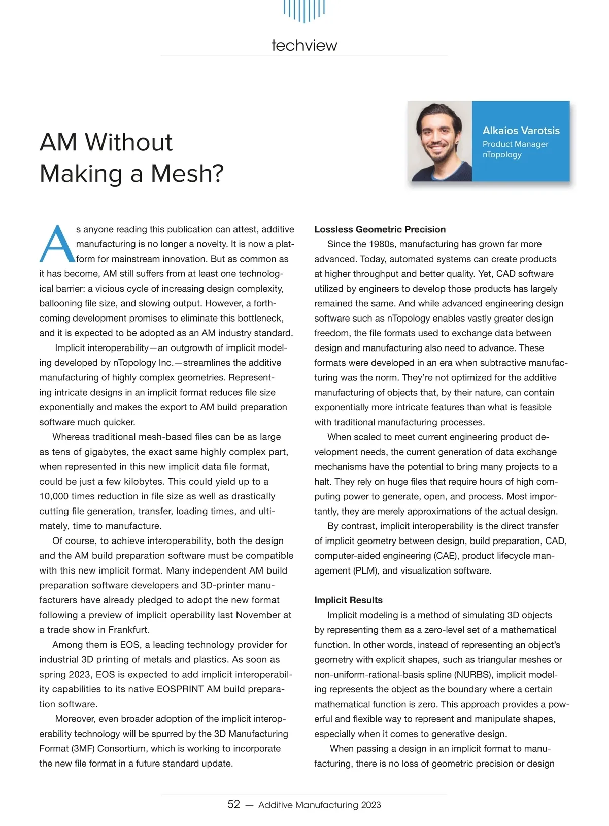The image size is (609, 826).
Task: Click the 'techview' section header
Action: point(304,45)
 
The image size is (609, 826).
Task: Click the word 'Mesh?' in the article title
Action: point(187,174)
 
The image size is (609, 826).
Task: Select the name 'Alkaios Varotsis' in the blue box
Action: point(521,131)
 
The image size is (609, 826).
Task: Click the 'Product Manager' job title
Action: point(515,144)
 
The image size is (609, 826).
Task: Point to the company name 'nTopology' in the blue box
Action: point(502,155)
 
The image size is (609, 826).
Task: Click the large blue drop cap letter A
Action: point(57,244)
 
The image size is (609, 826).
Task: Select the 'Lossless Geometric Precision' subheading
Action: point(380,229)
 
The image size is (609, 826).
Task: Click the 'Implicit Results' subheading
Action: point(348,600)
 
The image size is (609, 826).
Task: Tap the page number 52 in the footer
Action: point(233,804)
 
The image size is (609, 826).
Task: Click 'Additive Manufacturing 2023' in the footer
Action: point(319,805)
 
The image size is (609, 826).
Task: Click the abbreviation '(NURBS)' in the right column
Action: point(473,675)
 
